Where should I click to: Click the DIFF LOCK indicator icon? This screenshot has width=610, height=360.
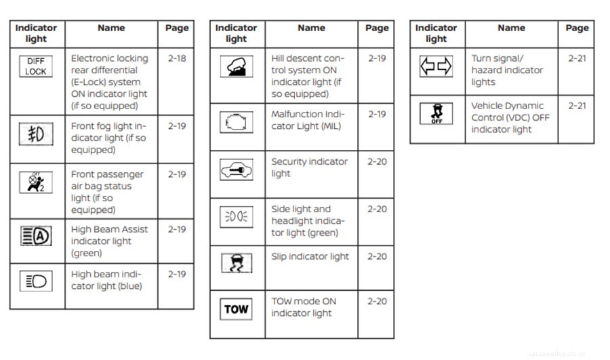click(36, 66)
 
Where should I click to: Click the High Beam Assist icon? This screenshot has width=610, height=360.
click(36, 236)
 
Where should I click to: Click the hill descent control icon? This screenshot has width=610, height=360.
click(237, 66)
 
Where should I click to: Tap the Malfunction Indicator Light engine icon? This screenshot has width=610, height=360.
click(237, 122)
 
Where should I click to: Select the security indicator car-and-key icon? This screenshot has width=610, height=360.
click(237, 169)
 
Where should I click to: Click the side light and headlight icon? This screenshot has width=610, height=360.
click(237, 217)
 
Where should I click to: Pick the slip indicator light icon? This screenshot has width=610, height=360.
click(237, 263)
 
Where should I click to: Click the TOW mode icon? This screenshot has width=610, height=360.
click(237, 309)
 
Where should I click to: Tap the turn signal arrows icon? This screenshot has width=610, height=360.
click(436, 66)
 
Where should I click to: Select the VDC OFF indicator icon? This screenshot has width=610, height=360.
click(436, 114)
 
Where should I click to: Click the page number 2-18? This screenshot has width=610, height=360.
click(176, 58)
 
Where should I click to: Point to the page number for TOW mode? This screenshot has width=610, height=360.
click(377, 301)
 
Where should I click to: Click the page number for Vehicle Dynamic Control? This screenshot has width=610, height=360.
click(577, 106)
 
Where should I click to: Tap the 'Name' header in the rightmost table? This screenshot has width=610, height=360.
click(511, 28)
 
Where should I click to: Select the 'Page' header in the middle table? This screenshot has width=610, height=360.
click(377, 28)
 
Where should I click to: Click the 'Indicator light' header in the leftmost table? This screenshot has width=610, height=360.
click(36, 33)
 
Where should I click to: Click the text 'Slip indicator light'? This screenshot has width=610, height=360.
click(310, 256)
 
